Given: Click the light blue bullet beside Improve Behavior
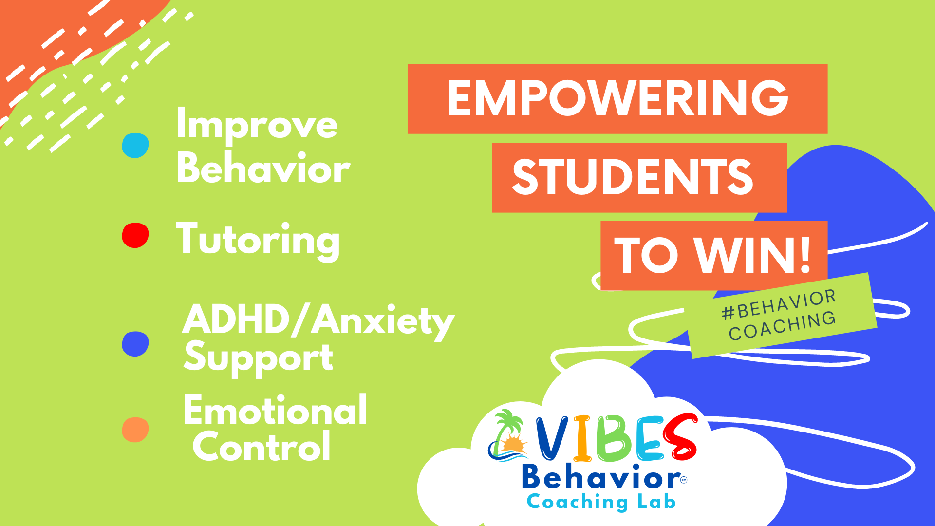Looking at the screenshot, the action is (135, 145).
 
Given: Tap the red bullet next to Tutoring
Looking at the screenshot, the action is (135, 235).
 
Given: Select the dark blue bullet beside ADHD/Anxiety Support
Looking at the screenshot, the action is (135, 344).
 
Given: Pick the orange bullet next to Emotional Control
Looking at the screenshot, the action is (135, 430).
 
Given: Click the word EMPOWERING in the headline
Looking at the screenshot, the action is (617, 99).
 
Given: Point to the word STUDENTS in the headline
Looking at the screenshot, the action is (633, 177).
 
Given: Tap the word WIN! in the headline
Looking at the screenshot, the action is (752, 256).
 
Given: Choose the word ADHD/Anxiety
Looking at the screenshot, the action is (318, 321).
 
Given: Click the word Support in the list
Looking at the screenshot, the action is (258, 358).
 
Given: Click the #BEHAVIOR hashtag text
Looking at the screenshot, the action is (779, 304).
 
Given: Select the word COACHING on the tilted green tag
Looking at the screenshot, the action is (783, 326).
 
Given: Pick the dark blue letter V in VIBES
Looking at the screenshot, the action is (552, 438).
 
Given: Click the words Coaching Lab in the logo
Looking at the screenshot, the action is (601, 502).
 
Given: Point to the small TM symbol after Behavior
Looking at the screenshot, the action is (684, 480).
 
